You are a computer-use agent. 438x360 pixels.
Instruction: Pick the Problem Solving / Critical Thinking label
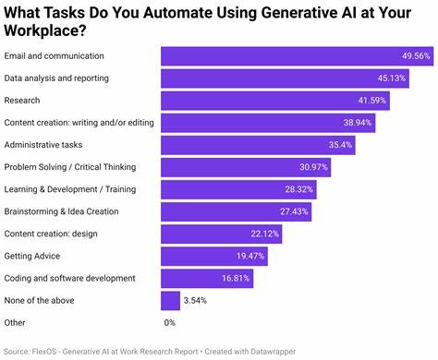(x=70, y=167)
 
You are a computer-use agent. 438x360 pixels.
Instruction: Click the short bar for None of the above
(x=170, y=300)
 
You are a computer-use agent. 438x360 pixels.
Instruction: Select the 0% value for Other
(x=169, y=322)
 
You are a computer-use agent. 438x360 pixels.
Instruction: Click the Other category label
(x=16, y=322)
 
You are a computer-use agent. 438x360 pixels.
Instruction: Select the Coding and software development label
(x=69, y=278)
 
